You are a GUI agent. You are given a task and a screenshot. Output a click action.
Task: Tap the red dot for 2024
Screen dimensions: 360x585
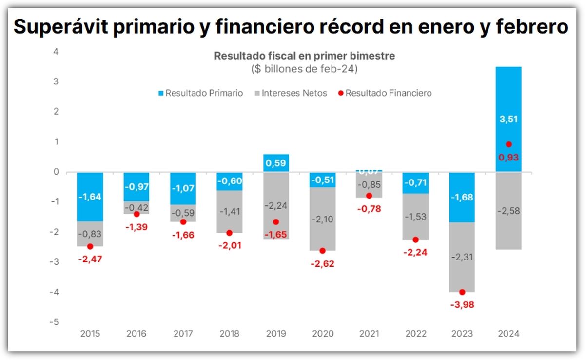pos(508,144)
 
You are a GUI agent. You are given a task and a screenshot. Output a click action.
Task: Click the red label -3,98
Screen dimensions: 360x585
pos(462,305)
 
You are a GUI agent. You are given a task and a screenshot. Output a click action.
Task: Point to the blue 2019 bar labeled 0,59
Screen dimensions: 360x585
pos(276,162)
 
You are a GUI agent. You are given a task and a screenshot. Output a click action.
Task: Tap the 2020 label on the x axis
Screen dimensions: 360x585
pos(322,334)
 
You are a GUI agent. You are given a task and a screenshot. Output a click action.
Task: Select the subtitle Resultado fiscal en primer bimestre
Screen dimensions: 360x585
pos(305,56)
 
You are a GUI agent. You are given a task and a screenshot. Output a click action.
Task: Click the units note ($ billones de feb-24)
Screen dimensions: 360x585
pos(305,69)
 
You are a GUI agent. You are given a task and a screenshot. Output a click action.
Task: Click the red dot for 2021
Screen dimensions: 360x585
pos(369,196)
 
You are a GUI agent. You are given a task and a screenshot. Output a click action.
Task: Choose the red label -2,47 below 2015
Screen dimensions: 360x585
pos(90,259)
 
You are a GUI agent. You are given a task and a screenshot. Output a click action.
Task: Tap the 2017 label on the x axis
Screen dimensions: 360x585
pos(183,334)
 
